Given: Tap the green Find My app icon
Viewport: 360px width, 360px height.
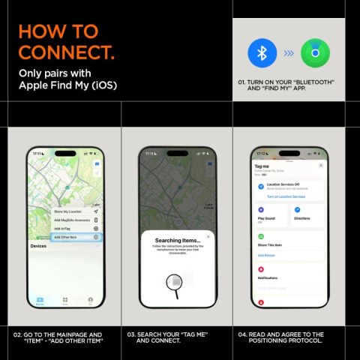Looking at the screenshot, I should pos(314,53).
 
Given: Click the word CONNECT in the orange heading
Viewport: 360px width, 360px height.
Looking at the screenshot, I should pos(66,53).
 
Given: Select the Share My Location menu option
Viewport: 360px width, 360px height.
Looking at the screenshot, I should pos(68,211).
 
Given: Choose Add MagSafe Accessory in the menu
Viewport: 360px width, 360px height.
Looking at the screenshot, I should pos(73,220).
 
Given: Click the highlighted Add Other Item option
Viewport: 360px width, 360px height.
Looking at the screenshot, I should pos(67,236).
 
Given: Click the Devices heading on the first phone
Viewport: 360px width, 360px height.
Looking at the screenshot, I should pos(38,246).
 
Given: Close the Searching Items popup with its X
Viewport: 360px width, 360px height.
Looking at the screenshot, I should pos(208,235).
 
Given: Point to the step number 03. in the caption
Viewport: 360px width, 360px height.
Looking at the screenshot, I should pos(131,334).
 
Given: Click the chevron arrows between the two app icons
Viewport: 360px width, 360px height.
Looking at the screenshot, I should pos(287,53).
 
